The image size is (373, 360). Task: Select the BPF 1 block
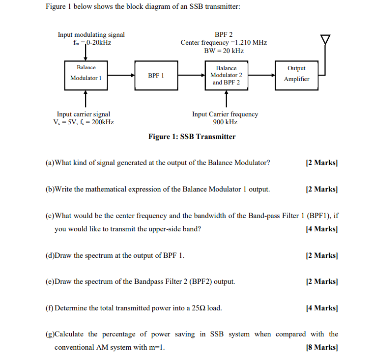click(155, 75)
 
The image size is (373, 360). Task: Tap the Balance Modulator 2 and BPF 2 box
click(226, 75)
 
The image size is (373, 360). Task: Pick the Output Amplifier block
click(296, 75)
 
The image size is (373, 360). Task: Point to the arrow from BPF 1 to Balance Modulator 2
click(191, 76)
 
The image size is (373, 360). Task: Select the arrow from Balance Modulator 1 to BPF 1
click(121, 76)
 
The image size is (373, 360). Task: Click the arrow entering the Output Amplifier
click(261, 76)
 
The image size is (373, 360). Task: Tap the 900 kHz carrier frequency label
click(225, 122)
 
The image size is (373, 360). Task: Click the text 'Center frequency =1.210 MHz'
click(224, 43)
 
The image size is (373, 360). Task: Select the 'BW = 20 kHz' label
click(224, 51)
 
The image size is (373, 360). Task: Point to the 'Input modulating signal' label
click(91, 35)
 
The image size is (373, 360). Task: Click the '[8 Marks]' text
click(322, 347)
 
